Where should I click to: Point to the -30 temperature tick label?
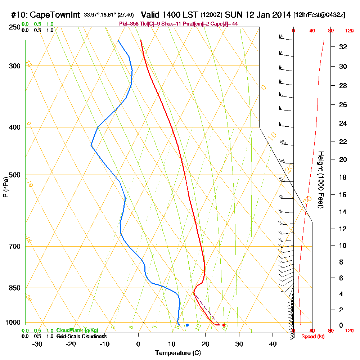[x=37, y=344]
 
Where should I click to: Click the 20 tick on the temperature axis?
[x=205, y=344]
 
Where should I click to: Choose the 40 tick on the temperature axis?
[x=273, y=344]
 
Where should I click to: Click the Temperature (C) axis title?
[x=178, y=353]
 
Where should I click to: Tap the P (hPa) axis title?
[x=5, y=187]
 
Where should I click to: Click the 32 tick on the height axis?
[x=343, y=47]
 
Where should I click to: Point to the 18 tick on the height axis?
[x=343, y=177]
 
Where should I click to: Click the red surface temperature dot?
[x=224, y=325]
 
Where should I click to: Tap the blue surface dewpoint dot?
[x=187, y=325]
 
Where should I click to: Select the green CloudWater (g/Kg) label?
[x=77, y=330]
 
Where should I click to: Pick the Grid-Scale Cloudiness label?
[x=81, y=336]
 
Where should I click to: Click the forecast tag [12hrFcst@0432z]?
[x=319, y=15]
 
